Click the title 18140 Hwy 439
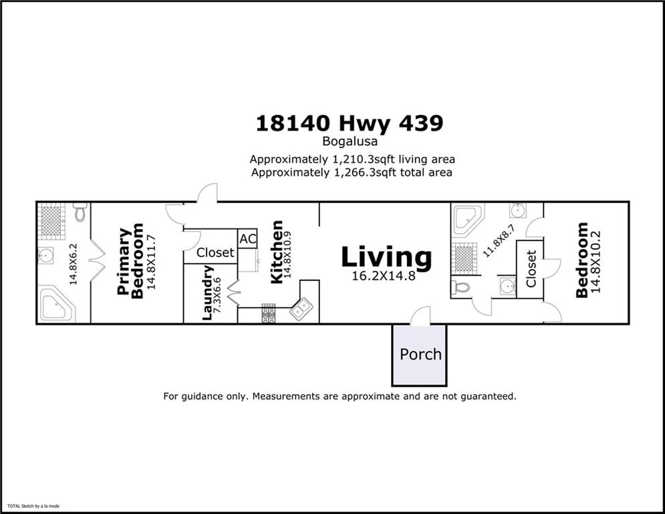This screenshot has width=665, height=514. pos(350,124)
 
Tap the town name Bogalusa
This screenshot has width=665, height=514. pos(350,142)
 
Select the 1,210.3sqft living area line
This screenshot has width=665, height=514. pos(352,159)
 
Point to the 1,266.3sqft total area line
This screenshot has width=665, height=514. pos(352,173)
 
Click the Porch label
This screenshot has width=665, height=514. pos(420,354)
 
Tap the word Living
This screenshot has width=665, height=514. pos(386,257)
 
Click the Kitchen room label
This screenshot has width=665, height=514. pos(276,252)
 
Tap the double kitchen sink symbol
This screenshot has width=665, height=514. pos(301,309)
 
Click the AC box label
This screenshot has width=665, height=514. pos(247,239)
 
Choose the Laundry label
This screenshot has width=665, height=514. pos(208,293)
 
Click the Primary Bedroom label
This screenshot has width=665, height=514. pos(130,261)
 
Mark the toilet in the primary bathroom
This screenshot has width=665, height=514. pos(80,211)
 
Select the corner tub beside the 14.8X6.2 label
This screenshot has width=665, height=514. pos(56,305)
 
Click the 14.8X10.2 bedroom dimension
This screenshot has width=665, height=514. pos(597,261)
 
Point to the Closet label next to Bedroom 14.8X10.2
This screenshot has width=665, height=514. pos(531,268)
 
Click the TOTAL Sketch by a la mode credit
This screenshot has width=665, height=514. pos(33,507)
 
